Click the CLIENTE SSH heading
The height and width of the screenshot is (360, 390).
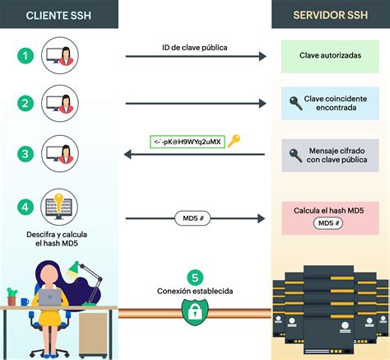tap(58, 16)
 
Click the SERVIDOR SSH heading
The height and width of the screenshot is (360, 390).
tap(331, 16)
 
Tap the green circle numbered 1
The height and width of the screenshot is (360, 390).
tap(26, 56)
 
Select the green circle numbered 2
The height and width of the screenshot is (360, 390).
tap(26, 104)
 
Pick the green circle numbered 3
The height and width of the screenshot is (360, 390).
tap(26, 153)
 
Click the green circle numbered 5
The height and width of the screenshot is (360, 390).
tap(195, 278)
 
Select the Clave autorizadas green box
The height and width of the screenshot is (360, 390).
tap(331, 55)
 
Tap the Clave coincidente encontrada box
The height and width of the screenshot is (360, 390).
tap(331, 104)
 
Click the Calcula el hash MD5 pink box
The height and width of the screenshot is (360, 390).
tap(331, 217)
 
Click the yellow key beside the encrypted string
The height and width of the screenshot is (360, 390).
tap(234, 141)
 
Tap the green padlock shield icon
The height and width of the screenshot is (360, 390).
tap(194, 311)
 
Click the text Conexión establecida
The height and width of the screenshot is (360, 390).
tap(194, 292)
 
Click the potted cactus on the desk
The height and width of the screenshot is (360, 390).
tap(12, 296)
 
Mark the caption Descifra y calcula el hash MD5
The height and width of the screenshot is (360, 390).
tap(58, 239)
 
